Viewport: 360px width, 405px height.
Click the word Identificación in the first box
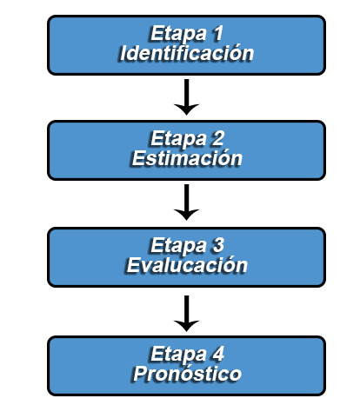click(x=187, y=53)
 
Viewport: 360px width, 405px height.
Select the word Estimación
click(x=187, y=158)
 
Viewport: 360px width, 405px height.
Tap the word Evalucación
click(x=187, y=265)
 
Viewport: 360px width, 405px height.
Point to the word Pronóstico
click(x=187, y=373)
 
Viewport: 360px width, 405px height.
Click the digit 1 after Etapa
click(x=218, y=33)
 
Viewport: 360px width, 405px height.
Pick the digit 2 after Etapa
click(x=218, y=138)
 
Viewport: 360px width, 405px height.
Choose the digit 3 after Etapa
click(x=218, y=245)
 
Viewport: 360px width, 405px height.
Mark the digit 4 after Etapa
click(x=218, y=354)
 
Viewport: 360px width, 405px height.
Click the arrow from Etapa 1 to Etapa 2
click(x=186, y=97)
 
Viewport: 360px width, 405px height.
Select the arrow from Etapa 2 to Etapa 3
click(x=186, y=202)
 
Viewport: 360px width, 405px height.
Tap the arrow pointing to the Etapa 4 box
click(x=186, y=314)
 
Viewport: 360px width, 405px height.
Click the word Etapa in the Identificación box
click(x=178, y=34)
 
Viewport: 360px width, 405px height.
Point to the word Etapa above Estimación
click(x=178, y=139)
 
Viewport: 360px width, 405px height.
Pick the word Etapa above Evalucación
click(x=178, y=246)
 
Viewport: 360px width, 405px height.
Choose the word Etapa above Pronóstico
click(x=178, y=354)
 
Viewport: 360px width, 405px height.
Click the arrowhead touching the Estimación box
click(x=186, y=109)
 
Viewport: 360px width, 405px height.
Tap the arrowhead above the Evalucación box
click(x=186, y=214)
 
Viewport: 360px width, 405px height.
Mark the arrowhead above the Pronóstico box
click(x=186, y=326)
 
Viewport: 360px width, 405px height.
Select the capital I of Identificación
click(x=123, y=53)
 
